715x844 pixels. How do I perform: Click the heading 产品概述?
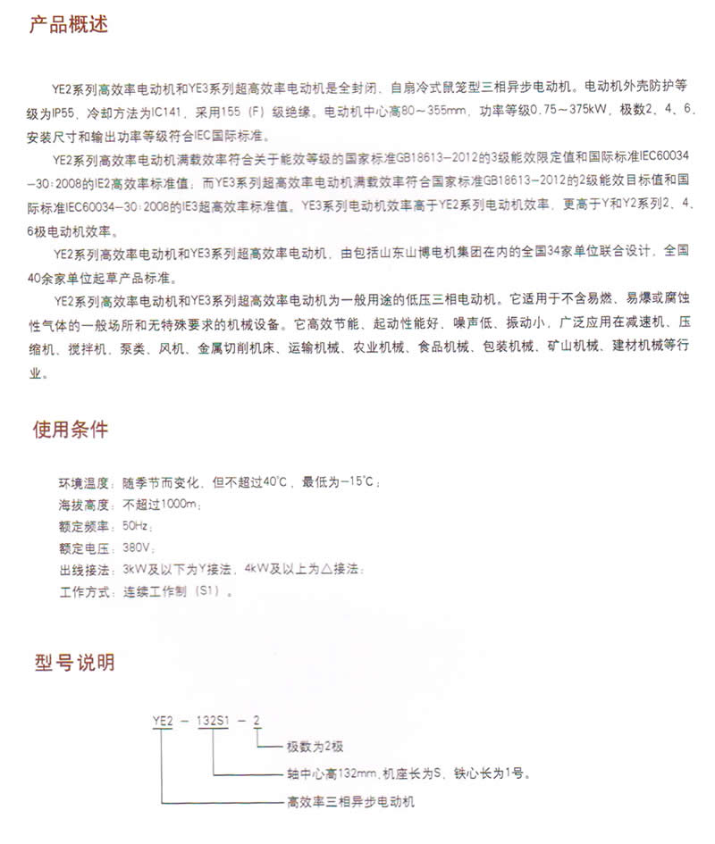(69, 24)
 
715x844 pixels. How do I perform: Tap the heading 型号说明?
(74, 664)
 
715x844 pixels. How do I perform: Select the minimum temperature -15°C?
(358, 483)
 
